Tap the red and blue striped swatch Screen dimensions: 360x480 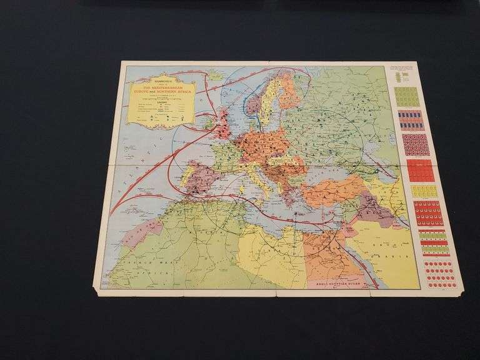click(x=411, y=120)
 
